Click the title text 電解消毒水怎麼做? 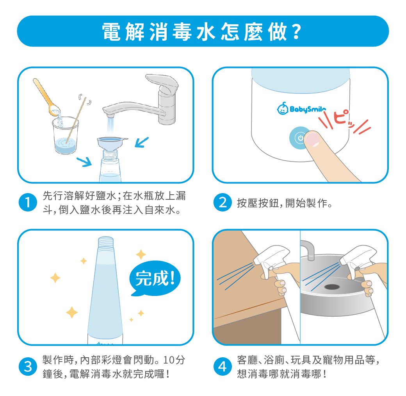coord(202,31)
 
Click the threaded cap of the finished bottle coord(105,244)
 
